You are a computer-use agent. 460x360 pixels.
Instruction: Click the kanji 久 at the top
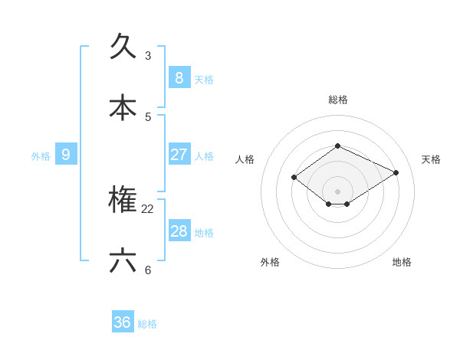pos(123,47)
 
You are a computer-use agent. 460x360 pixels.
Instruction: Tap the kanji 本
pos(123,107)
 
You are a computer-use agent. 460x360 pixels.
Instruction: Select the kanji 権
pos(123,200)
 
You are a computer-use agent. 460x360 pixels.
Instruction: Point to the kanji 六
pos(123,261)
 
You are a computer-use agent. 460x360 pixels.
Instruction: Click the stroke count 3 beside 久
pos(148,56)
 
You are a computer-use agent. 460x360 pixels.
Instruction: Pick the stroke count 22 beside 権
pos(148,209)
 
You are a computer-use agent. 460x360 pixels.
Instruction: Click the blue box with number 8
pos(179,77)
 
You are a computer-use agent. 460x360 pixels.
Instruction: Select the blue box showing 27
pos(179,155)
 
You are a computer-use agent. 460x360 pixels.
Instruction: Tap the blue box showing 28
pos(179,231)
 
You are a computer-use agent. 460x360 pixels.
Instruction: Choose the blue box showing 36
pos(123,322)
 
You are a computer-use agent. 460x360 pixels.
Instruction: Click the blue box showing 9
pos(66,155)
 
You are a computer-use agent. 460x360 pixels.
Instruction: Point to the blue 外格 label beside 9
pos(41,156)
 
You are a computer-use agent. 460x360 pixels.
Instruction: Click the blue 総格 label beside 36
pos(147,324)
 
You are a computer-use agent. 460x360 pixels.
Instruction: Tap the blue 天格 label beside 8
pos(204,79)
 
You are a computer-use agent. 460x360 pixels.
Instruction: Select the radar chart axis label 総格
pos(338,100)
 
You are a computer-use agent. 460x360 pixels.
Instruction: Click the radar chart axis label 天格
pos(431,159)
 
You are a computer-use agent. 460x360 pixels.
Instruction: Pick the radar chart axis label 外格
pos(270,262)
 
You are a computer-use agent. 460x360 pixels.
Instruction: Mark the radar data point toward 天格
pos(396,172)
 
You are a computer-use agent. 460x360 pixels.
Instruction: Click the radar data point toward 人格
pos(294,177)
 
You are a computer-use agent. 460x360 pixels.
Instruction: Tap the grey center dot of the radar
pos(337,191)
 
